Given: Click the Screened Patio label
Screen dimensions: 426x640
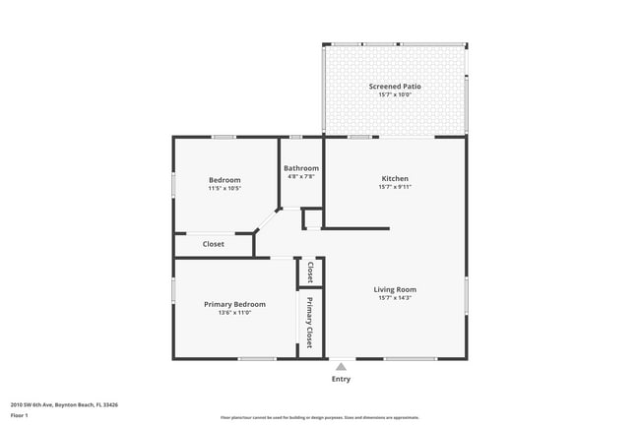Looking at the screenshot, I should click(395, 87).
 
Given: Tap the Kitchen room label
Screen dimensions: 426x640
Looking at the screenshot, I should click(395, 178).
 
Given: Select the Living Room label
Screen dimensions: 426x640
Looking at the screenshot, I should click(395, 289).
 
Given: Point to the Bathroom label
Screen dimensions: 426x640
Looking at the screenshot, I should click(301, 168).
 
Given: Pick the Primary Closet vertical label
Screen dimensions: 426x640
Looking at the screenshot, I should click(309, 323).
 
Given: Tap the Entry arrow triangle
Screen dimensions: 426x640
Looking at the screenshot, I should click(341, 366).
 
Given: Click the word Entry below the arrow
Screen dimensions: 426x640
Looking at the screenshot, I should click(341, 379).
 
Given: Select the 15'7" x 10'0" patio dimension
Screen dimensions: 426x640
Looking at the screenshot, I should click(395, 95).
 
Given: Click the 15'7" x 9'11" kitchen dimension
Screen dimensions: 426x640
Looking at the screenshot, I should click(395, 187).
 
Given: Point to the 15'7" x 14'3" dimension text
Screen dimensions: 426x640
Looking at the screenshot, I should click(395, 298).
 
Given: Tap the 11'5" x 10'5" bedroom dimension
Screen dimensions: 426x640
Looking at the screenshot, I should click(225, 188).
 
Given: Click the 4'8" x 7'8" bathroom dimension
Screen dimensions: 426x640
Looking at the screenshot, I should click(301, 177).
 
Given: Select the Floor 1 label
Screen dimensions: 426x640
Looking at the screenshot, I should click(20, 415).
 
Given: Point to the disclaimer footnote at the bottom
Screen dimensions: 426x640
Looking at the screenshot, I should click(320, 417).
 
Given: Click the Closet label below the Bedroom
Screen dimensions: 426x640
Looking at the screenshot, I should click(213, 244).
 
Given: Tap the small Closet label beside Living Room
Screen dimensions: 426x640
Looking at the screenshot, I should click(310, 272).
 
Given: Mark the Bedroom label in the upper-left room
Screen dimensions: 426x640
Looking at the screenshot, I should click(225, 179).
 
